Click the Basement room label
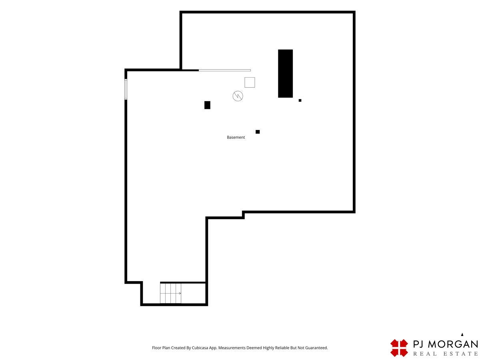tap(236, 137)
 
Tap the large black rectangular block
tap(285, 74)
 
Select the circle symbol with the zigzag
tap(238, 96)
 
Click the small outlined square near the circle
tap(250, 82)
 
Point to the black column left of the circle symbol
tap(207, 105)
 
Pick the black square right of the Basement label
tap(258, 132)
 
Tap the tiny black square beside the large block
tap(300, 100)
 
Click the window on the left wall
tap(126, 89)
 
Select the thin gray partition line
tap(224, 70)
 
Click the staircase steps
tap(170, 293)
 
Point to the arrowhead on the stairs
tap(180, 293)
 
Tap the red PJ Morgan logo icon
tap(399, 348)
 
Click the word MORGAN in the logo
tap(453, 344)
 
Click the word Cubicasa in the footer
tap(200, 348)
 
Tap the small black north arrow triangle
tap(462, 334)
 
